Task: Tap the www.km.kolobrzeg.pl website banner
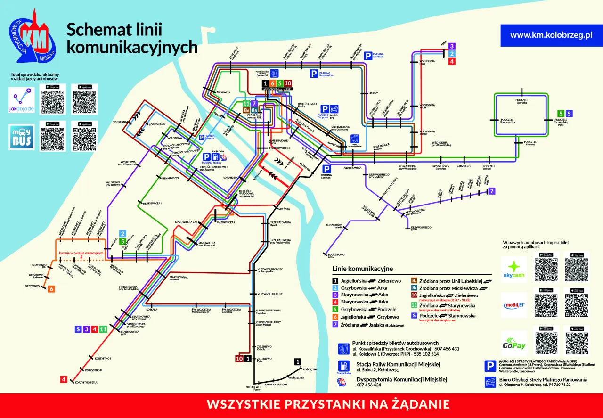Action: pyautogui.click(x=551, y=35)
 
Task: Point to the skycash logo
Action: pyautogui.click(x=513, y=269)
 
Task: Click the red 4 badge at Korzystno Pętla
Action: pyautogui.click(x=64, y=379)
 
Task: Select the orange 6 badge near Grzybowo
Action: pyautogui.click(x=51, y=289)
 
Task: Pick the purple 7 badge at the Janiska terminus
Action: pyautogui.click(x=492, y=191)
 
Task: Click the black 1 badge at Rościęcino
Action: pyautogui.click(x=297, y=362)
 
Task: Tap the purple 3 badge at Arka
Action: pyautogui.click(x=452, y=46)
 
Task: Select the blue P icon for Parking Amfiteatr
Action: pyautogui.click(x=367, y=56)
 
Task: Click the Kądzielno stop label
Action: pyautogui.click(x=464, y=166)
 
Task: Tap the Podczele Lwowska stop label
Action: pyautogui.click(x=522, y=101)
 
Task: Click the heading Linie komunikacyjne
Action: pyautogui.click(x=362, y=269)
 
